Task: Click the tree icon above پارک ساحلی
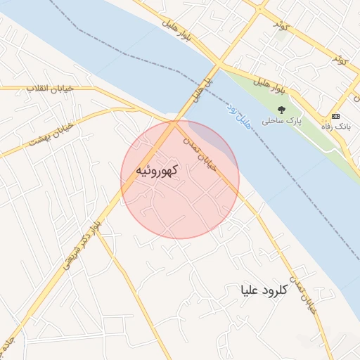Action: click(281, 110)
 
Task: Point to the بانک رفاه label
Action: click(335, 126)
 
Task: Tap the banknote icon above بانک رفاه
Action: click(335, 116)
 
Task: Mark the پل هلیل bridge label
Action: click(201, 88)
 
